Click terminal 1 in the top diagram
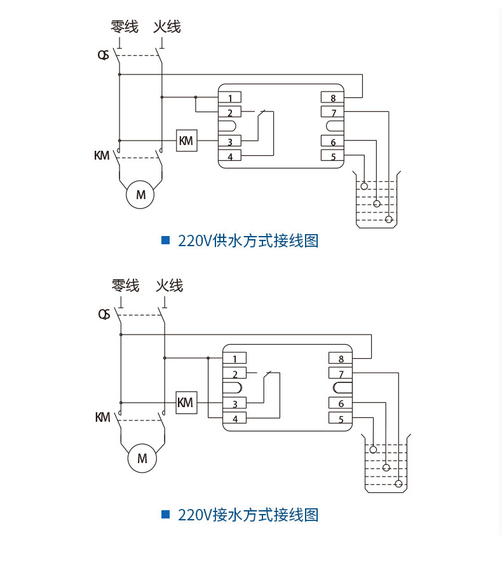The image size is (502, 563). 230,98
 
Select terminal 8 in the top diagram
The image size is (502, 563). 332,98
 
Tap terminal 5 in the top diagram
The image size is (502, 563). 332,156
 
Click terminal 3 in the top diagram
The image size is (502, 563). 230,142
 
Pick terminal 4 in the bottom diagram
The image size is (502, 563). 234,419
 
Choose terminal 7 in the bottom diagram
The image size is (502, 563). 340,374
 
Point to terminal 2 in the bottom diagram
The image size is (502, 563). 234,374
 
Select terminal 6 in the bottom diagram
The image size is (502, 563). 340,403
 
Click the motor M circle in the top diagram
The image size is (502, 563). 140,195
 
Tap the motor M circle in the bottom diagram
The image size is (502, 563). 142,458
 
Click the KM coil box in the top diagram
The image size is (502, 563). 186,141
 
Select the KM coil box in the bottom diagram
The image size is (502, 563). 186,403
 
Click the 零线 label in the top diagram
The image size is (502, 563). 124,27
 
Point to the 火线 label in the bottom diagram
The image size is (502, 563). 169,286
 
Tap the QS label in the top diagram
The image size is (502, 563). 103,55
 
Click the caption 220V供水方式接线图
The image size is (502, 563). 248,241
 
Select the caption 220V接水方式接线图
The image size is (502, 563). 248,515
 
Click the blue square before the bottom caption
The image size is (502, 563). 166,514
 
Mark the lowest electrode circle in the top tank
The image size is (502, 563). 389,219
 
